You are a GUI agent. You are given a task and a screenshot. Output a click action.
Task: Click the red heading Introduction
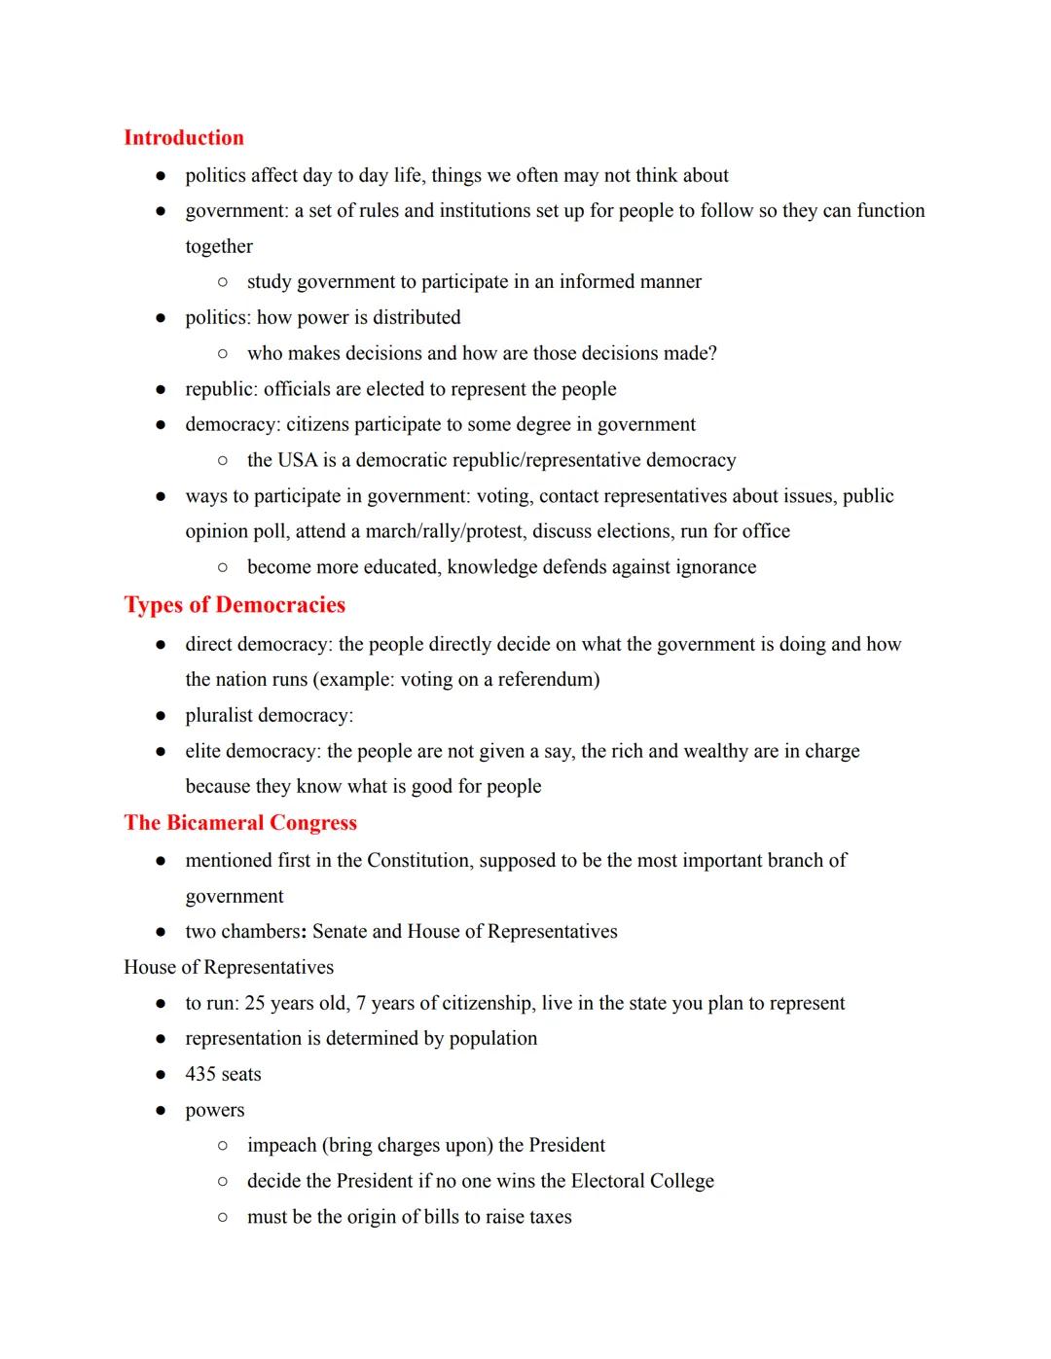tap(183, 137)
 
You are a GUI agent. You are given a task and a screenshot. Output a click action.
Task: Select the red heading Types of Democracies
tap(235, 604)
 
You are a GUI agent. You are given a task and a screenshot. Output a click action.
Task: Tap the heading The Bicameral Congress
tap(240, 822)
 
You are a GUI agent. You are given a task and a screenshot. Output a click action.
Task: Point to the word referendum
tap(548, 679)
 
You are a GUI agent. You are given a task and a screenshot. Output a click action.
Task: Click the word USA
tap(298, 459)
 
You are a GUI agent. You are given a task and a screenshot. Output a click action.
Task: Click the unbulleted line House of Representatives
tap(229, 967)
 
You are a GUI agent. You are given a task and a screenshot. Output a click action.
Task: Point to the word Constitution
tap(417, 860)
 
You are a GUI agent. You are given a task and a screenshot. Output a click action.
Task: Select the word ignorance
tap(709, 566)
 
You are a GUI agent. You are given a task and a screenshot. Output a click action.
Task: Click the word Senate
tap(340, 931)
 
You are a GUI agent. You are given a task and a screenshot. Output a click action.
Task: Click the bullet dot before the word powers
tap(161, 1110)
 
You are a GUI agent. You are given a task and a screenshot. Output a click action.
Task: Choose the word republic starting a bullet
tap(220, 389)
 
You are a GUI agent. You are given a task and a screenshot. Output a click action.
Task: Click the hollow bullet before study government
tap(223, 282)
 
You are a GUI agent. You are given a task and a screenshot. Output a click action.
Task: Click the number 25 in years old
tap(256, 1003)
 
